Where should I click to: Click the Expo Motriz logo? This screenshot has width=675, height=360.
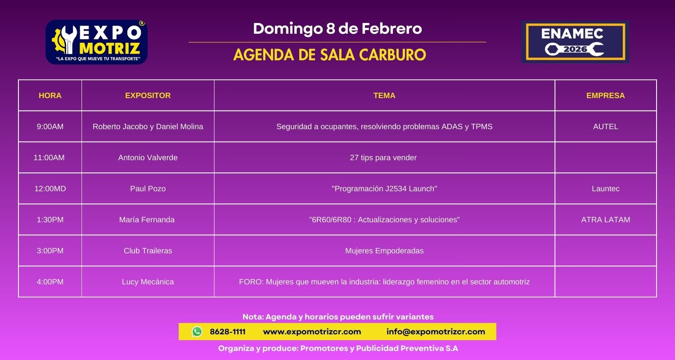point(97,42)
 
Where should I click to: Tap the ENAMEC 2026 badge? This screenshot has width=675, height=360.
point(575,42)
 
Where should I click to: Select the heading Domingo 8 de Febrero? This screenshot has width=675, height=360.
point(337,29)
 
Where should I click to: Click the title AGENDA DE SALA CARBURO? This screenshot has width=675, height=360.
point(329,55)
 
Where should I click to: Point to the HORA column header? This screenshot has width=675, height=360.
point(50,95)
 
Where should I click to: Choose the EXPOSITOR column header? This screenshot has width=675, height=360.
point(148,95)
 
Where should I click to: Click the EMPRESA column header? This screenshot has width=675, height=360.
point(605,95)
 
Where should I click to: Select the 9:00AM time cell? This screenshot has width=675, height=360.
point(50,126)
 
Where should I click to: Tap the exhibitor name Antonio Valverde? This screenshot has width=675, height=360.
point(148,157)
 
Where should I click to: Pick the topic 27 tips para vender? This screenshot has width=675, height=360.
point(383,157)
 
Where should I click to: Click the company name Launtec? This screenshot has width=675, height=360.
point(605,189)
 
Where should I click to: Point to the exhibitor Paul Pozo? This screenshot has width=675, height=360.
point(148,189)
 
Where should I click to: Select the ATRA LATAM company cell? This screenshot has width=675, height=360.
point(605,220)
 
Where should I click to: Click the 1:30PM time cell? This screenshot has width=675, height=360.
point(50,220)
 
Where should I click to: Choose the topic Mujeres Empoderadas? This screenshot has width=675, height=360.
point(384,251)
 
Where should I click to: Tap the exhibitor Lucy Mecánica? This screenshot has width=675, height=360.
point(148,282)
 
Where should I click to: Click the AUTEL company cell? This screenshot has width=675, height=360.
point(605,126)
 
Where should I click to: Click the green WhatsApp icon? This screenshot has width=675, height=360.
point(197,332)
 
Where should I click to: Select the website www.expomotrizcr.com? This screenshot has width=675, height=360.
point(312,332)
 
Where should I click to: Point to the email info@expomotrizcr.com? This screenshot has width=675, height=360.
point(436,332)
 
